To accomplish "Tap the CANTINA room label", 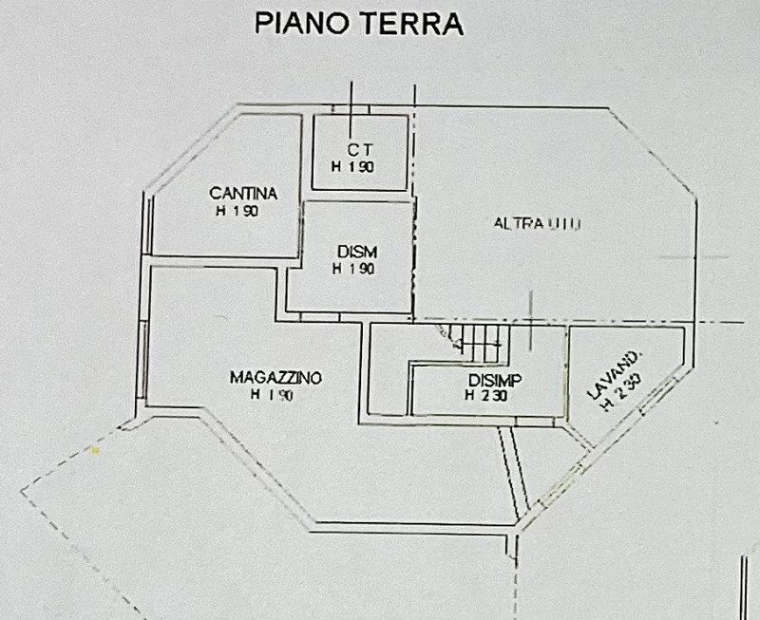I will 243,194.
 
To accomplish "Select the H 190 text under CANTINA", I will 238,212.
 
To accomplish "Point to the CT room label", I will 358,149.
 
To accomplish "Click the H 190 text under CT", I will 353,166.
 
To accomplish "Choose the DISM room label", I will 357,252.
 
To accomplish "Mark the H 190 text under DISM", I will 354,269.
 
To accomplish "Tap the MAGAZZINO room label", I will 275,378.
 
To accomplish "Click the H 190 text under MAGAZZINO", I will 271,395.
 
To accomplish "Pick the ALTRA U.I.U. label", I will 537,224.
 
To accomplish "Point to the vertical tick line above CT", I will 351,101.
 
